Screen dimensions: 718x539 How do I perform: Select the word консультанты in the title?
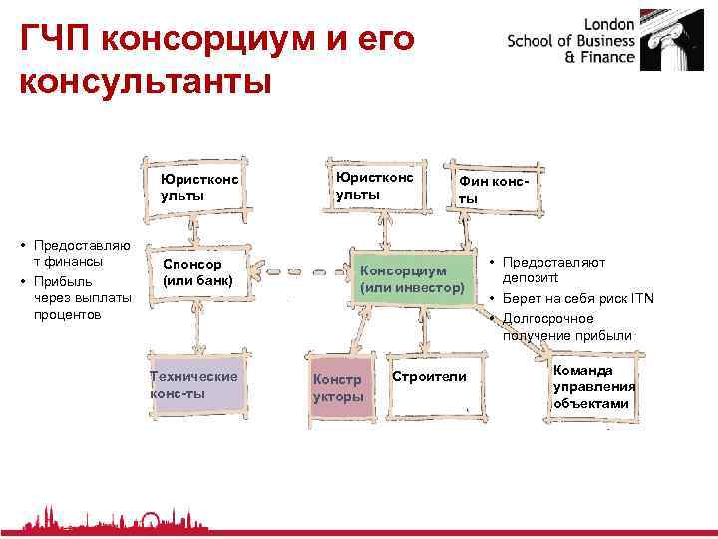[x=145, y=81]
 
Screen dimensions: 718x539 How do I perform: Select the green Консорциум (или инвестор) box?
[x=412, y=279]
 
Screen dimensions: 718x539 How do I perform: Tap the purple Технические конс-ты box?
[x=195, y=384]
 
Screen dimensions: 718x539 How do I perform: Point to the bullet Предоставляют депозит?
[x=554, y=269]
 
